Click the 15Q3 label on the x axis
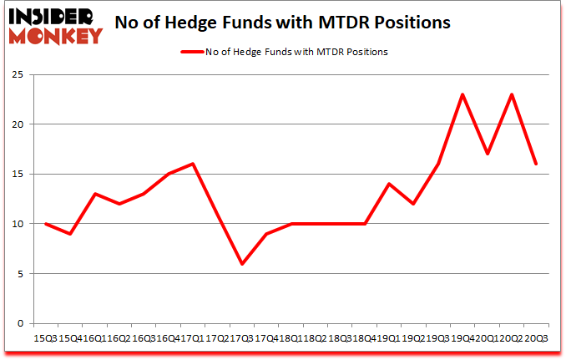(46, 338)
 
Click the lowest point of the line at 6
(242, 264)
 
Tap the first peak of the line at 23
(462, 94)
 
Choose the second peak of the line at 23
(511, 94)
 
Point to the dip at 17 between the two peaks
(487, 154)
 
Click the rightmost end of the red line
(535, 164)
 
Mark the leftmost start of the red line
(46, 224)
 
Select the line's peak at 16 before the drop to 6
(193, 164)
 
